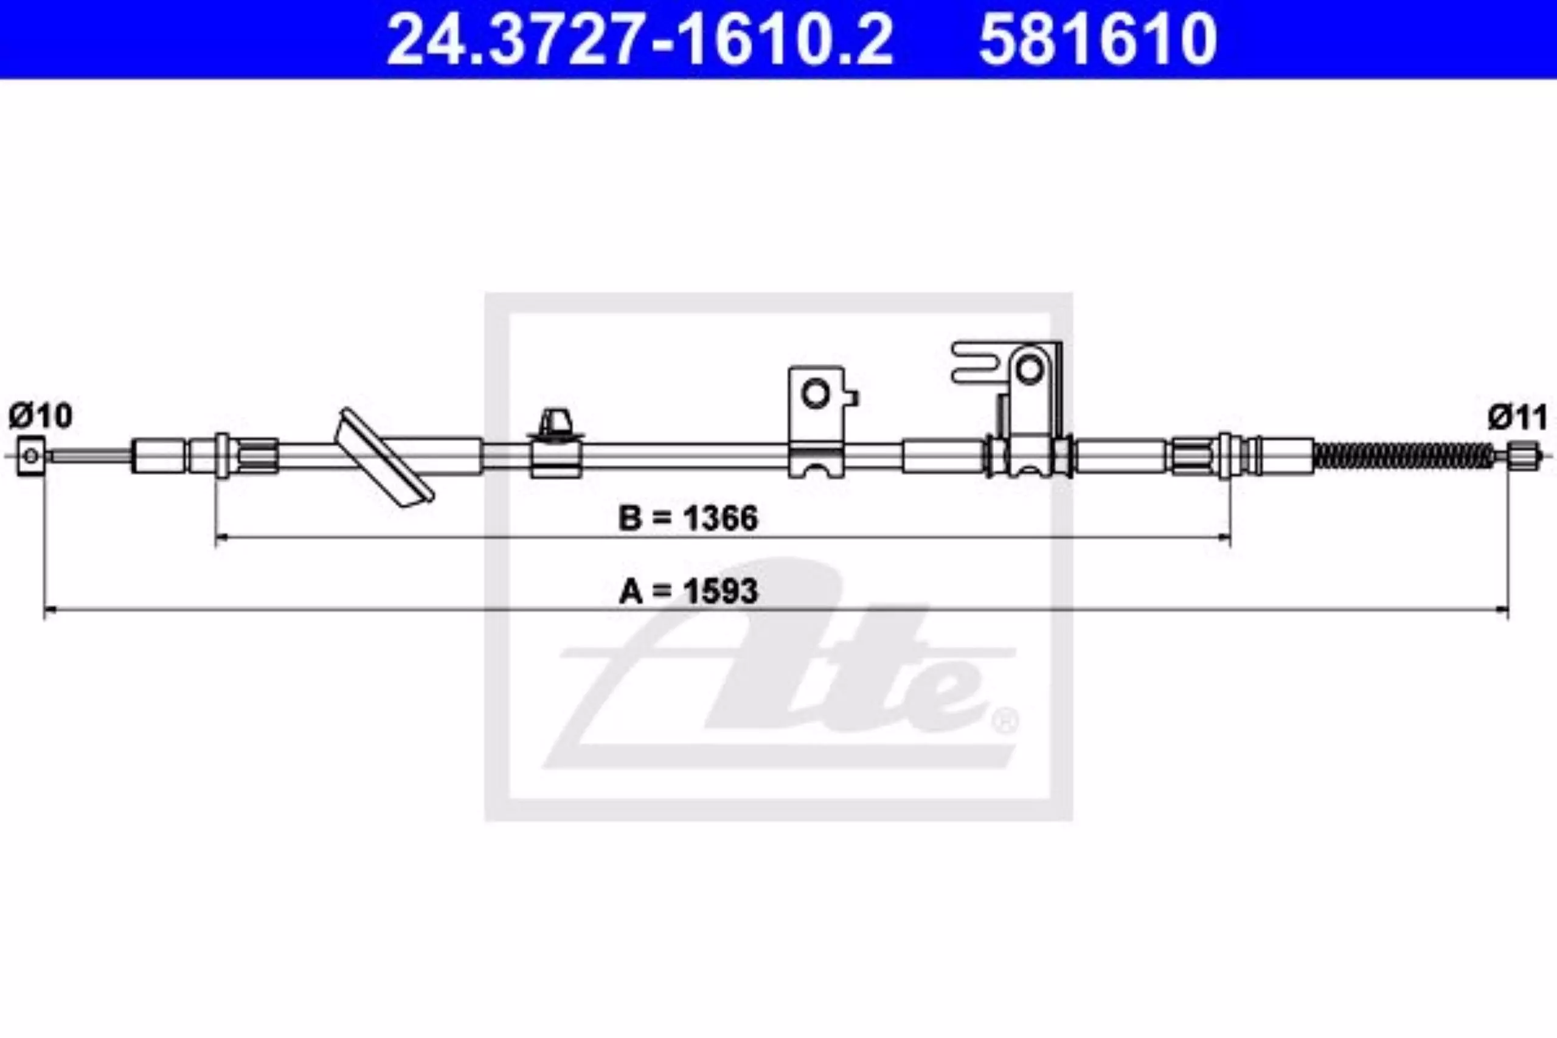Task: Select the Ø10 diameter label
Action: click(40, 416)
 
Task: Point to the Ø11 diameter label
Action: click(1518, 418)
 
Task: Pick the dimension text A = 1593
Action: click(688, 590)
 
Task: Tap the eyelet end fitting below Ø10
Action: click(31, 455)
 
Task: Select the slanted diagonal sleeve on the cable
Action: click(387, 457)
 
